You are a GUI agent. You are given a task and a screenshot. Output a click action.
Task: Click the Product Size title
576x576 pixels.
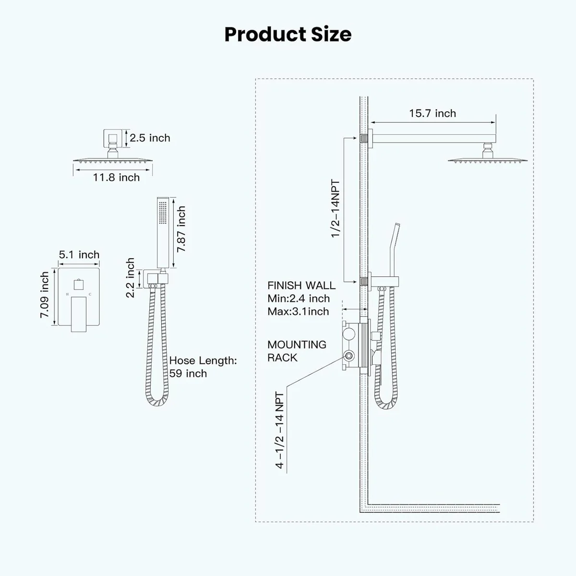pyautogui.click(x=288, y=35)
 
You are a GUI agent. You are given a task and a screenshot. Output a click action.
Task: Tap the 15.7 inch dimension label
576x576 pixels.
pyautogui.click(x=432, y=114)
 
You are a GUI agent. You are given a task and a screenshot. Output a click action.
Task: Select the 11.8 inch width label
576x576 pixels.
pyautogui.click(x=116, y=178)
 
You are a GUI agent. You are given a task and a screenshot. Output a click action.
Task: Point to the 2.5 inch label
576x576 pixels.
pyautogui.click(x=150, y=138)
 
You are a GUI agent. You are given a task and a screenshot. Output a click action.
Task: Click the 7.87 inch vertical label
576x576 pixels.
pyautogui.click(x=181, y=229)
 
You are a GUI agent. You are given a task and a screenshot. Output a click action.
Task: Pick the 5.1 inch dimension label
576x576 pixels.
pyautogui.click(x=79, y=255)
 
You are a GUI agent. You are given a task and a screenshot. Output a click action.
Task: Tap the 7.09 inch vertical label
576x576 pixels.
pyautogui.click(x=44, y=295)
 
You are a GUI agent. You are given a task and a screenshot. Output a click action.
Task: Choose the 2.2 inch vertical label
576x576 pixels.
pyautogui.click(x=130, y=278)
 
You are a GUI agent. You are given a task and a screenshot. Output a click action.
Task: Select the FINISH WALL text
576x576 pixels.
pyautogui.click(x=301, y=286)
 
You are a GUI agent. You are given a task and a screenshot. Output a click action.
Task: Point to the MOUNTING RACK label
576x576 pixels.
pyautogui.click(x=297, y=351)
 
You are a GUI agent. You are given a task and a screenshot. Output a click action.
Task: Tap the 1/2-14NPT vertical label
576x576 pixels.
pyautogui.click(x=336, y=209)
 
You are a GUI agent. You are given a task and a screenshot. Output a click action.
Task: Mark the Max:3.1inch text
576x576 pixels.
pyautogui.click(x=298, y=312)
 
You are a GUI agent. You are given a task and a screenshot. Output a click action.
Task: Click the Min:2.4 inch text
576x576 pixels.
pyautogui.click(x=299, y=298)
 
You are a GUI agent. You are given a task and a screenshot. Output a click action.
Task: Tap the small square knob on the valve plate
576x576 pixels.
pyautogui.click(x=79, y=285)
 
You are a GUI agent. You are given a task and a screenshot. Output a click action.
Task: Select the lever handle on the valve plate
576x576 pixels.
pyautogui.click(x=79, y=314)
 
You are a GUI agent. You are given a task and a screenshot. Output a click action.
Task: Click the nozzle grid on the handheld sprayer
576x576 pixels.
pyautogui.click(x=163, y=213)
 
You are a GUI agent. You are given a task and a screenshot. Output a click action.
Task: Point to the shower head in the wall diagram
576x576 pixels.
pyautogui.click(x=488, y=156)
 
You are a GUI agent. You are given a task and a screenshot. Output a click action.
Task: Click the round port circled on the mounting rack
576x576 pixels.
pyautogui.click(x=349, y=356)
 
